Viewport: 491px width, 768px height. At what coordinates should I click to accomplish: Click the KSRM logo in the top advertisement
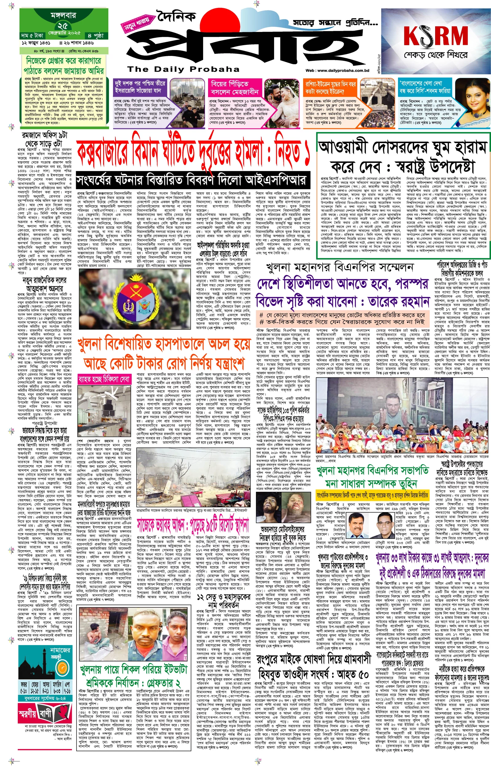coord(435,36)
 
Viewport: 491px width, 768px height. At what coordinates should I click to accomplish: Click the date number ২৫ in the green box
coord(63,26)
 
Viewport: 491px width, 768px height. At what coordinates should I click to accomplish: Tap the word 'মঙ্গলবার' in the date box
coord(63,15)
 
